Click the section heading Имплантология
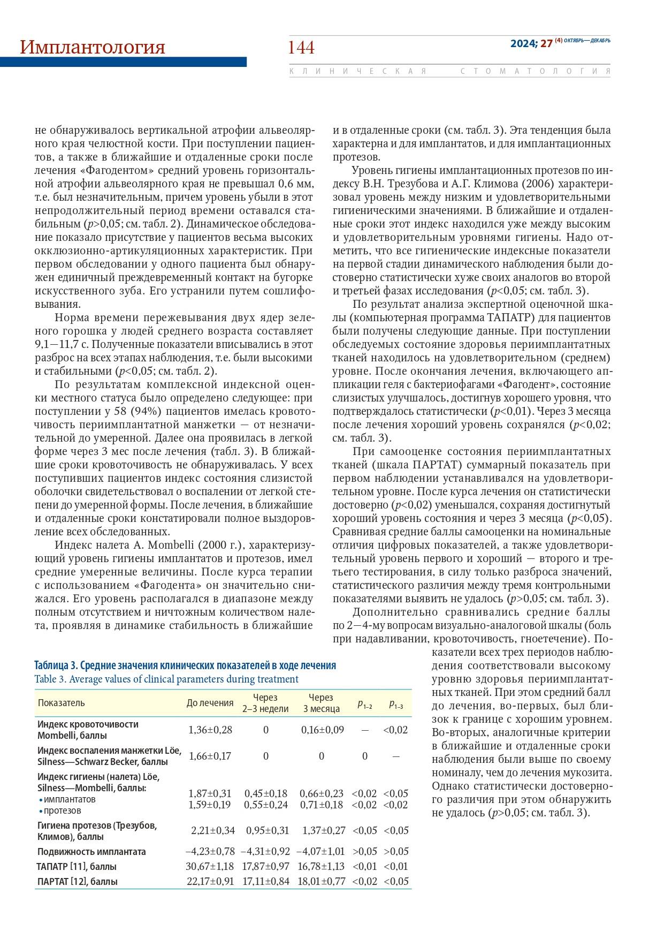point(92,47)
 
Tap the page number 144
point(301,48)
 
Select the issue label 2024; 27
point(531,43)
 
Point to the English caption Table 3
point(166,679)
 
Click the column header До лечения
point(210,703)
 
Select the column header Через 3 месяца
point(321,703)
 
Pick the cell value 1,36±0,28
point(210,730)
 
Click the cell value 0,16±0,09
point(322,730)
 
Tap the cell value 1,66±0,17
point(210,756)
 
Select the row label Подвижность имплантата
point(91,851)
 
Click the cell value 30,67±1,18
point(210,866)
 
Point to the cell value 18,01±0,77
point(322,881)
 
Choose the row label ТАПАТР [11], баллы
point(77,866)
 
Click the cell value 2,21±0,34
point(213,830)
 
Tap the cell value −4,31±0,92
point(265,851)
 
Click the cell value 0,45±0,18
point(266,793)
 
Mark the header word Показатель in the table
point(61,703)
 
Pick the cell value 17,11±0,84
point(266,881)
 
